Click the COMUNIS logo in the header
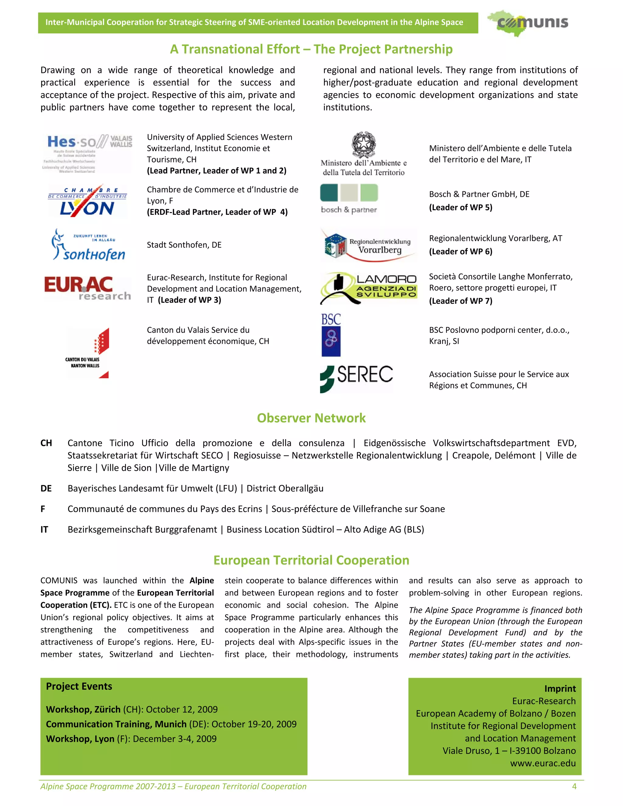click(x=528, y=23)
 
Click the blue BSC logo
click(x=331, y=335)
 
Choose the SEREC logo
click(x=357, y=378)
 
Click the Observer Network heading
click(x=311, y=418)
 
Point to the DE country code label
click(x=46, y=489)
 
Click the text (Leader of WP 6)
click(x=460, y=252)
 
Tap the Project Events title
click(x=79, y=686)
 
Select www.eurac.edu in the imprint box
click(x=543, y=763)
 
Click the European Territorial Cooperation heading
click(x=311, y=560)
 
